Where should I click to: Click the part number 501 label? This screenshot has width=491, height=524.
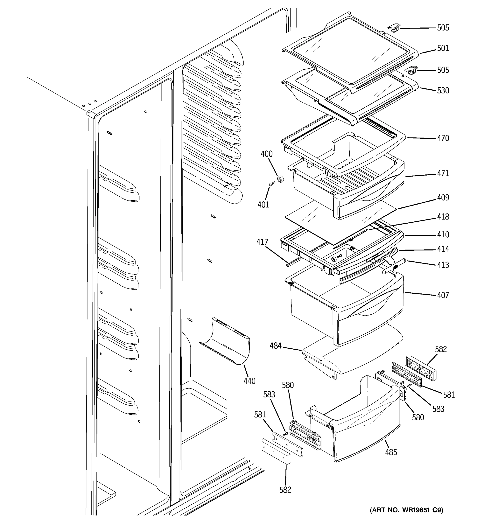443,48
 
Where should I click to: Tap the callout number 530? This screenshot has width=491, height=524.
443,91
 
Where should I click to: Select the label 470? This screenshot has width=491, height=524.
443,138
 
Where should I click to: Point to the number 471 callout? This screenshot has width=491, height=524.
443,173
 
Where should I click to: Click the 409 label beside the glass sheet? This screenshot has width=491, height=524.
443,197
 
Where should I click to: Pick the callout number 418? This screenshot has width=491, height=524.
443,217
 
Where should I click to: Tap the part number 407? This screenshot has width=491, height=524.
443,295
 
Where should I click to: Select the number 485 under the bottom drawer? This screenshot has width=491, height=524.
391,452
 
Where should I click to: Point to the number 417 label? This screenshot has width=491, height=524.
262,242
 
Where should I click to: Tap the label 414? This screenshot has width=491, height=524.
443,249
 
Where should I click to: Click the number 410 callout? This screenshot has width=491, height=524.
443,234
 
